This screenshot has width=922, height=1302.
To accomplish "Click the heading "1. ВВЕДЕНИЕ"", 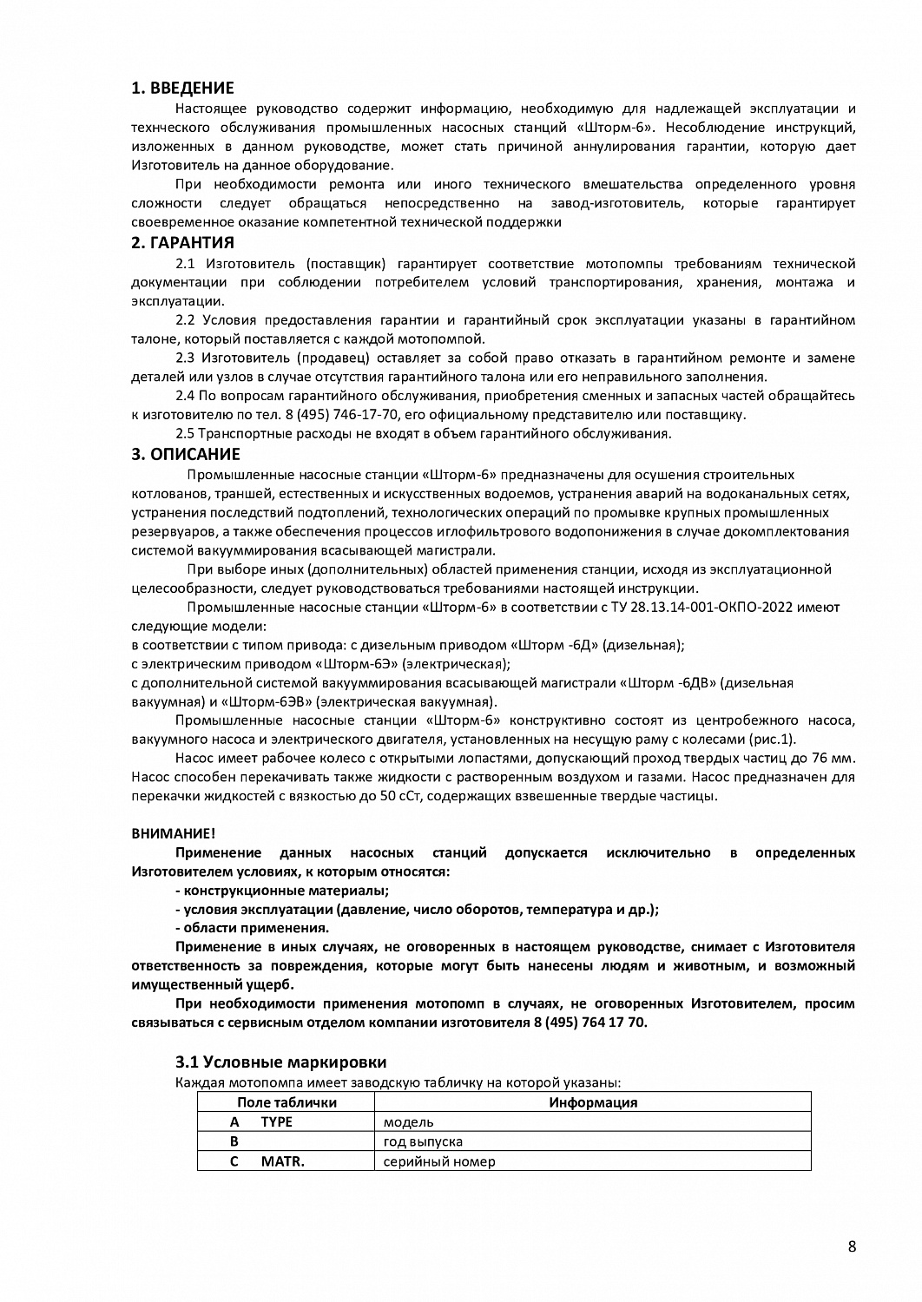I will tap(182, 88).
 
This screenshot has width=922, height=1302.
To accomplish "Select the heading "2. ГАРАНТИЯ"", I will tap(182, 243).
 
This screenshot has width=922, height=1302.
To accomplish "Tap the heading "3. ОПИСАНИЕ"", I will tap(186, 454).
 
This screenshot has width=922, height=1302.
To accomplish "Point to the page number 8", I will tap(852, 1247).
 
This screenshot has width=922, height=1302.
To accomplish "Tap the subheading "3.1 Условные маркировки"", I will tap(280, 1062).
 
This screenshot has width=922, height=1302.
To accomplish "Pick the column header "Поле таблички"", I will tap(286, 1102).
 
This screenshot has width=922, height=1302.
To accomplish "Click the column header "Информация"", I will tap(593, 1102).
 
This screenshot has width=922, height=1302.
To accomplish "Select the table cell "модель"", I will tap(408, 1122).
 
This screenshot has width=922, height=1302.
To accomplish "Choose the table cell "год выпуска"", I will tap(423, 1141).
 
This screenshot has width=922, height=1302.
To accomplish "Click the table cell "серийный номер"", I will tap(439, 1161).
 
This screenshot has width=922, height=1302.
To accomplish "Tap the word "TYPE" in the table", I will tap(276, 1121).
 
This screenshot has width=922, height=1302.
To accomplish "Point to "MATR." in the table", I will tap(282, 1161).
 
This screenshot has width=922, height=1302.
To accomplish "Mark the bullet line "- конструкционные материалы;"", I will tap(282, 891).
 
